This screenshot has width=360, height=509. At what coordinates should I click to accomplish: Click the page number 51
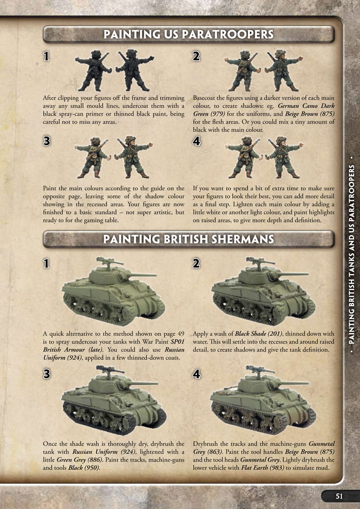click(339, 496)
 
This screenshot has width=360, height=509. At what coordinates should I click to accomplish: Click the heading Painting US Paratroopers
click(188, 34)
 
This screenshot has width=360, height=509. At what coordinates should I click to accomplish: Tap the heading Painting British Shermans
click(188, 239)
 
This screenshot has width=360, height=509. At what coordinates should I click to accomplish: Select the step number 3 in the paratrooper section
click(47, 141)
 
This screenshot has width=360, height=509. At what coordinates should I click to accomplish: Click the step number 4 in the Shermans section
click(196, 374)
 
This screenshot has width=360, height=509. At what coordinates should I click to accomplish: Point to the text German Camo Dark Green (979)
click(264, 110)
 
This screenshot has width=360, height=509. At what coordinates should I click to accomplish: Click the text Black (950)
click(84, 468)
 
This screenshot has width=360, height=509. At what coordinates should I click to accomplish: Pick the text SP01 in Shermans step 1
click(177, 342)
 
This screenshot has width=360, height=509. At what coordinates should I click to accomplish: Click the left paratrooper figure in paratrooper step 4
click(243, 157)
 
